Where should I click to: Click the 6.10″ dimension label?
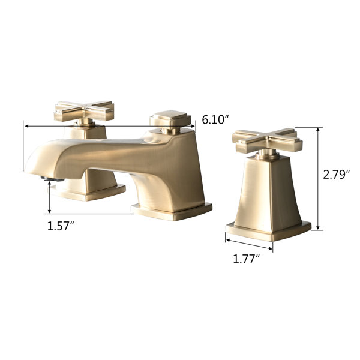215,120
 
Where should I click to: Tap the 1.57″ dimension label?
61,226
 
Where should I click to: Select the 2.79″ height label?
336,175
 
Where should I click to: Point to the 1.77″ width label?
247,259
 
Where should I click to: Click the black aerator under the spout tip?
52,179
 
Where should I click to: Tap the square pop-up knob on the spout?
170,118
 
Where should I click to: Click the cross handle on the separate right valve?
267,140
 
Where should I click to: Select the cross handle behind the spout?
84,112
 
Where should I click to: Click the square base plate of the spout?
172,211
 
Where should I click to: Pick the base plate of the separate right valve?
268,231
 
